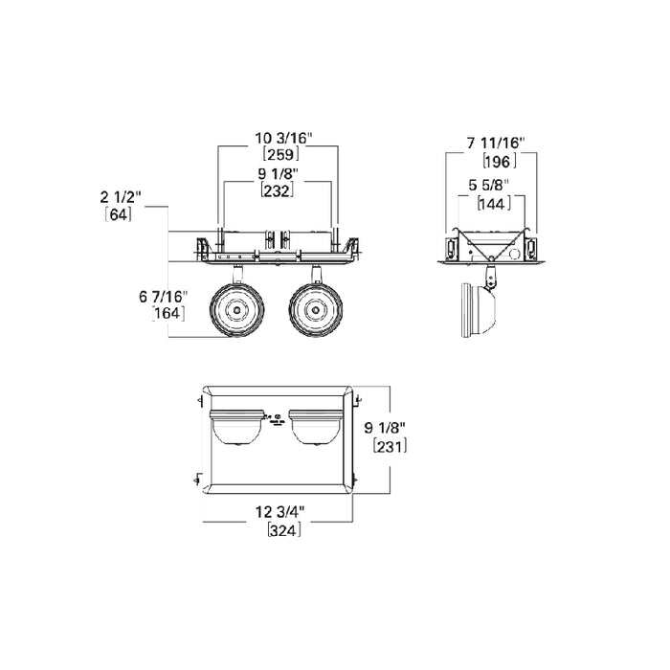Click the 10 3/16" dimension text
284,139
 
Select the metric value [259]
280,154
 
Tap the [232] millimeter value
278,190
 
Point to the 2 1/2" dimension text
121,197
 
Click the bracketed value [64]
119,214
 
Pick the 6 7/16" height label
164,297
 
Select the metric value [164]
168,313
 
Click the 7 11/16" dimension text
496,143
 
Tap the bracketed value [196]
499,161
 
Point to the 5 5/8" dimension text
489,186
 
